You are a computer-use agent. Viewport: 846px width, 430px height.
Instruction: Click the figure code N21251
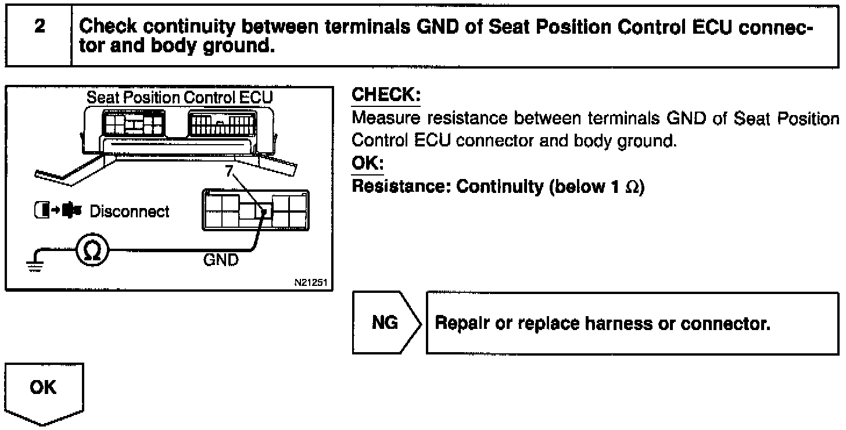click(311, 283)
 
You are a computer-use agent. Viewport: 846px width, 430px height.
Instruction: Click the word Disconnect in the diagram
click(130, 211)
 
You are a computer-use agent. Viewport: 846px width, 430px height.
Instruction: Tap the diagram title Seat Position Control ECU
click(180, 97)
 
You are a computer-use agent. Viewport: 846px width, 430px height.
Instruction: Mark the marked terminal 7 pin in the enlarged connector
click(265, 212)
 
